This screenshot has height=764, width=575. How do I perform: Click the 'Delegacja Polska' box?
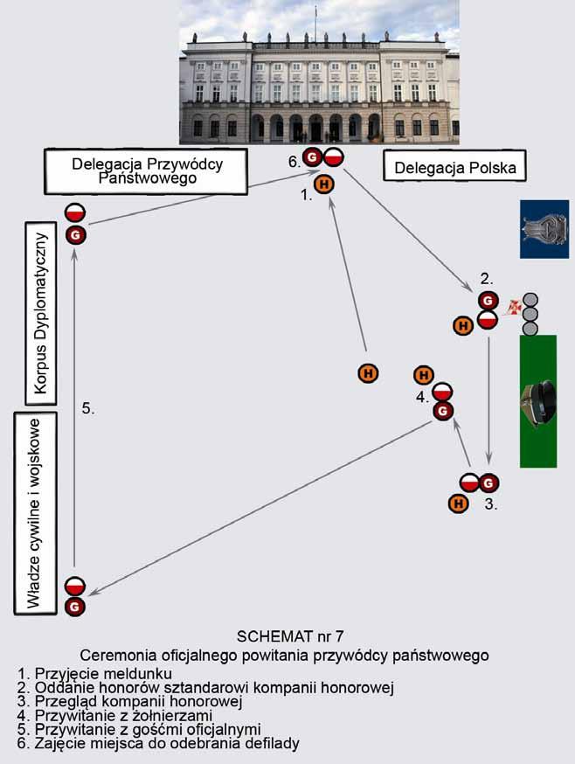(x=454, y=166)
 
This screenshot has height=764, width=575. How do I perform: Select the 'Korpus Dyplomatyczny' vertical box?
(x=41, y=312)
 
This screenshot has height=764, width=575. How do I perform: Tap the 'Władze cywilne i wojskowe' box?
(x=36, y=513)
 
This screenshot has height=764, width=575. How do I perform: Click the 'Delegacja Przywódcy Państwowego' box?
(x=146, y=171)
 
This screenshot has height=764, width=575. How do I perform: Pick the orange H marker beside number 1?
(x=324, y=184)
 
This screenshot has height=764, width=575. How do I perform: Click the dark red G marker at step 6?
(x=313, y=157)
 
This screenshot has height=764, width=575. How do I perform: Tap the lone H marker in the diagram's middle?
(x=369, y=374)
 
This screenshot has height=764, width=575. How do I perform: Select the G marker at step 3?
(x=488, y=483)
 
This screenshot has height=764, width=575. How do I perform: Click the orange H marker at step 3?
(x=458, y=503)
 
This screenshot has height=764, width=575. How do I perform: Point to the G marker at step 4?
(x=443, y=411)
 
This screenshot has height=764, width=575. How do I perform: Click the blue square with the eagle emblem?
(x=544, y=229)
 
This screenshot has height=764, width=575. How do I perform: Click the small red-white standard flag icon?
(x=514, y=307)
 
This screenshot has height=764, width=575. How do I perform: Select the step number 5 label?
(x=88, y=409)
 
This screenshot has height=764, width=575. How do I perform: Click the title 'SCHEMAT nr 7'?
(x=290, y=636)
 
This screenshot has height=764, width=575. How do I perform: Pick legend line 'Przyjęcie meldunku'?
(x=95, y=673)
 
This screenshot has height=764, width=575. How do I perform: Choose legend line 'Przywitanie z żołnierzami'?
(x=115, y=715)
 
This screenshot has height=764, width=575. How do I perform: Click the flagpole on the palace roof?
(x=315, y=24)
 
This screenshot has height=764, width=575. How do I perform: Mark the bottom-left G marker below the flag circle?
(x=75, y=608)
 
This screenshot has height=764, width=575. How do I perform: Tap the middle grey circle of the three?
(x=530, y=314)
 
